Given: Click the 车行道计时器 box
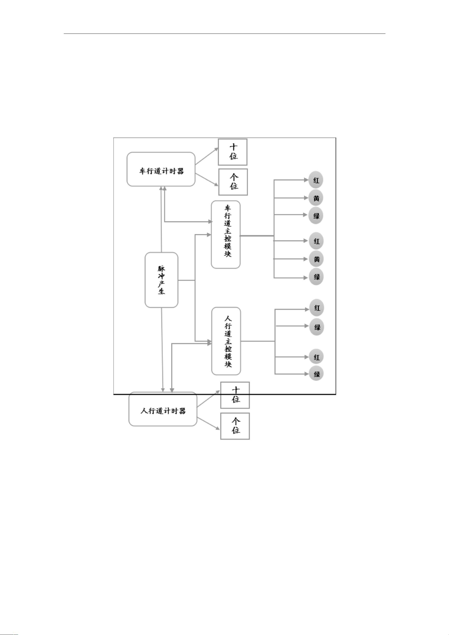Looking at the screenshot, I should [161, 169].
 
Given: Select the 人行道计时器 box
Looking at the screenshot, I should [163, 409].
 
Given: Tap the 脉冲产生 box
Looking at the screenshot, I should [161, 280].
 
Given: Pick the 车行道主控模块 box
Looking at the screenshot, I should [226, 235].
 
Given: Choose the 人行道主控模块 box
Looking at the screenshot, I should [226, 341].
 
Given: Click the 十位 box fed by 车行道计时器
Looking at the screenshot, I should [233, 152].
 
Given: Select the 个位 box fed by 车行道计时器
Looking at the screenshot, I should [233, 182].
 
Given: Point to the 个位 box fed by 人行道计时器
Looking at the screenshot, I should [235, 426].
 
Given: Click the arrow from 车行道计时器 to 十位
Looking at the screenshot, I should [207, 156].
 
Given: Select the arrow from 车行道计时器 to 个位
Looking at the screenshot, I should [207, 180].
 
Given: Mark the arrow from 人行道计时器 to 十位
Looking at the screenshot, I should [209, 399].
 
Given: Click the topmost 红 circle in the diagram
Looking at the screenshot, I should [316, 180].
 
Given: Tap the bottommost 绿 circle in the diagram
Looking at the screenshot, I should [316, 374].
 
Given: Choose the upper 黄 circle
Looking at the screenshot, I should [316, 198].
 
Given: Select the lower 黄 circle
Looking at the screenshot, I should [316, 259].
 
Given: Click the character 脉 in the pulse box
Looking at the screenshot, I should [161, 269].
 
